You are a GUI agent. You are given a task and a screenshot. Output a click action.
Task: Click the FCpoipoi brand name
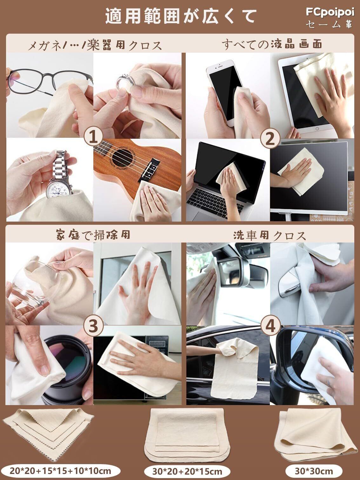pos(330,12)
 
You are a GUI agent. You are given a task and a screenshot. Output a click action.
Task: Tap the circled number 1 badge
pos(94,138)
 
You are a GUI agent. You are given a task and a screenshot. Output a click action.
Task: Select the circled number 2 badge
pos(270,138)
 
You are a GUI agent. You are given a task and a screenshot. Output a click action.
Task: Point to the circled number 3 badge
pos(94,326)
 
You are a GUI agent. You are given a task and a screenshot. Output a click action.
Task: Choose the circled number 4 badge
pos(270,326)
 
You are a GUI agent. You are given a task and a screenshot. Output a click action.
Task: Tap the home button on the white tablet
pos(317,129)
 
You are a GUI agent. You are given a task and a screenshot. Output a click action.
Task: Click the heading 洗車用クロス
pos(269,236)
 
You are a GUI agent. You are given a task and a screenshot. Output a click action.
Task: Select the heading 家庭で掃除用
pos(93,235)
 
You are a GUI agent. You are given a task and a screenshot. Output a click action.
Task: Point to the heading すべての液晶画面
pos(272,44)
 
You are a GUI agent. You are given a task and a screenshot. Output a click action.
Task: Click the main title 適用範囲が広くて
pos(181,17)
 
